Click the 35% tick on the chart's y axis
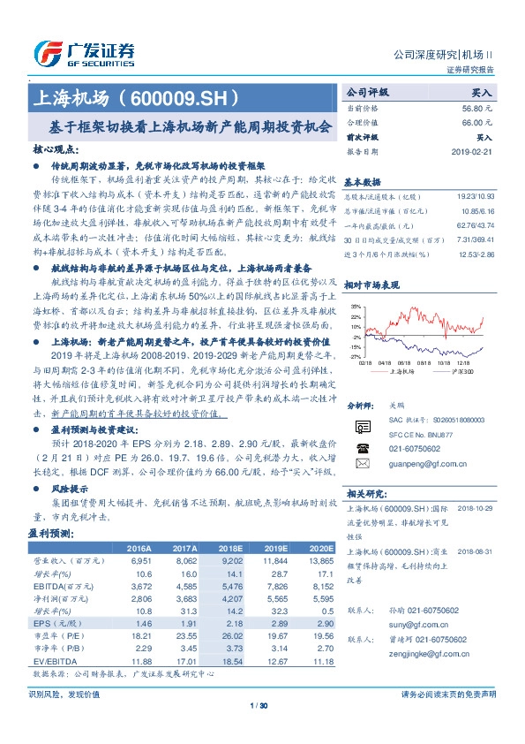(x=355, y=306)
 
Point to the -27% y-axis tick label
(x=355, y=357)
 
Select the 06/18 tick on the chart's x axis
(x=404, y=362)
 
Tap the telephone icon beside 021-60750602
(x=363, y=449)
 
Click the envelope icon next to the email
(x=363, y=463)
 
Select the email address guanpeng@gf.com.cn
(x=427, y=463)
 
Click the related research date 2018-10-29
(x=476, y=509)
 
